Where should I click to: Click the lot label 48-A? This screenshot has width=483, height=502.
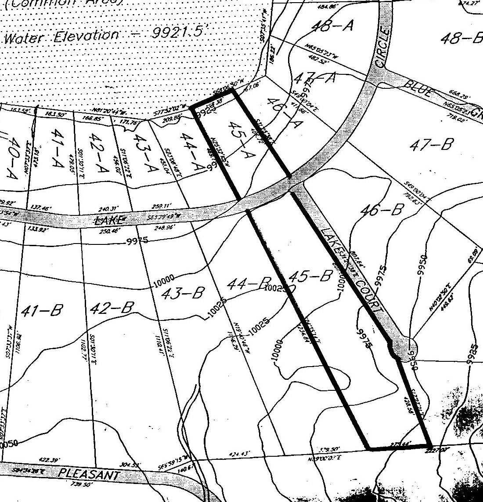(x=332, y=26)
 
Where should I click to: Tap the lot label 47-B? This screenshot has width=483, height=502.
(x=430, y=144)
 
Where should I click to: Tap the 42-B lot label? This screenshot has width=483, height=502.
(x=111, y=308)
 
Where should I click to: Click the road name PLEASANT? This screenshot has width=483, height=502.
(x=89, y=475)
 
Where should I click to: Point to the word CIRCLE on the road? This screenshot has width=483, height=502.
(x=382, y=47)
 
